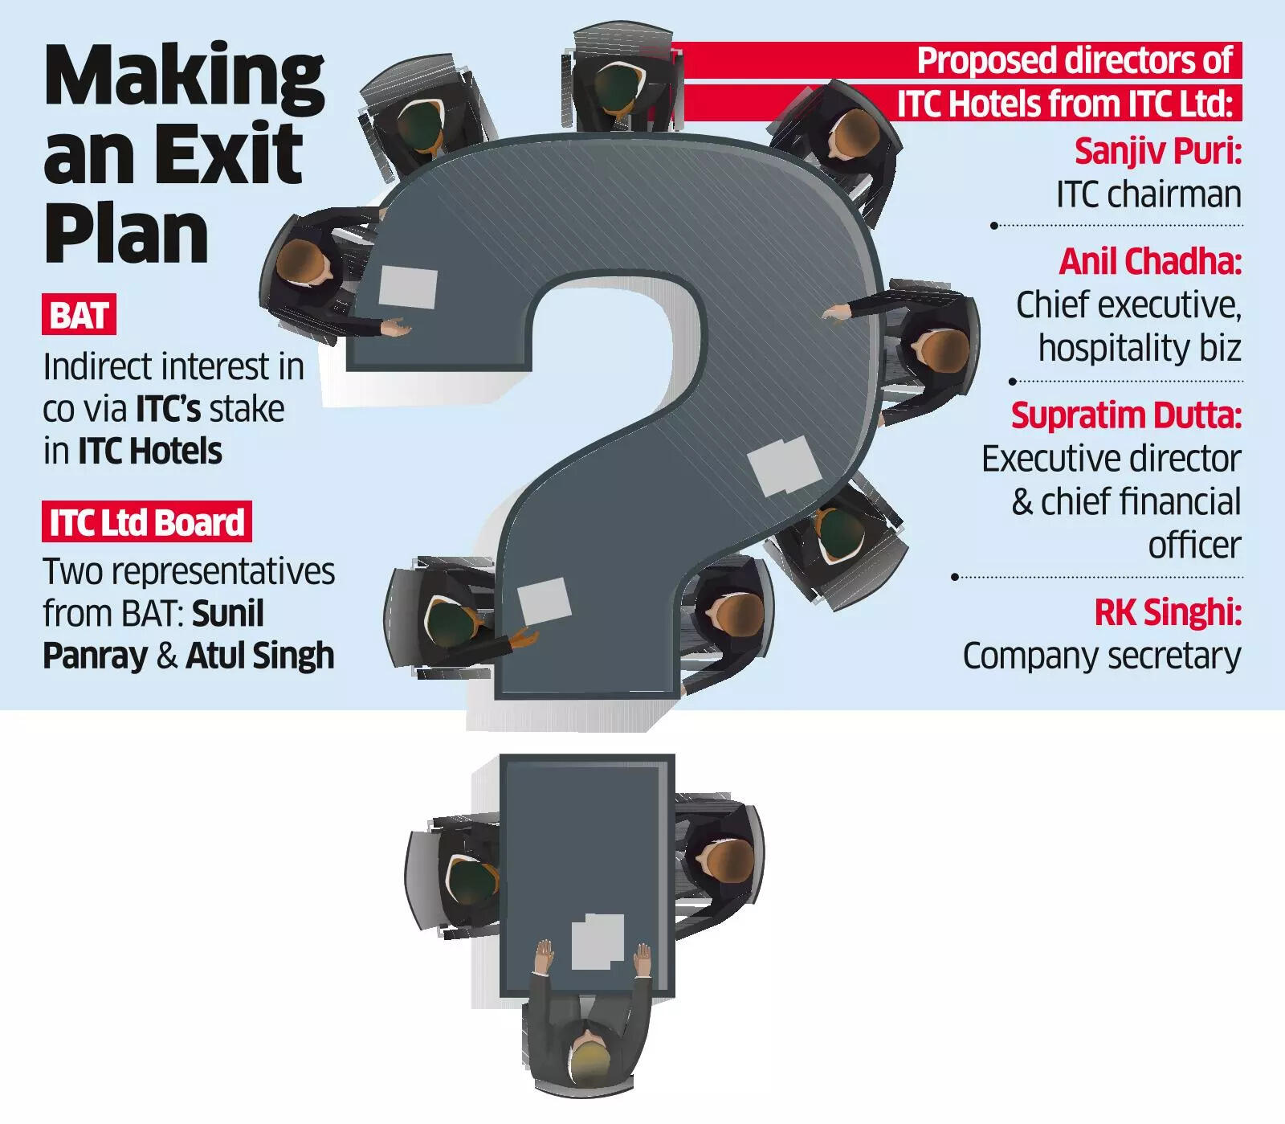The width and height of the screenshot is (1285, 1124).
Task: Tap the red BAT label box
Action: pos(79,314)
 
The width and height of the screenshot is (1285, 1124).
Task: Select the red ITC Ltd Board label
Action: pos(147,522)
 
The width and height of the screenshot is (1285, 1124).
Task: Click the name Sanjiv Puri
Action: pos(1156,150)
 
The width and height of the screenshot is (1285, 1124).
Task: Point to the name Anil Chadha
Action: pos(1149,261)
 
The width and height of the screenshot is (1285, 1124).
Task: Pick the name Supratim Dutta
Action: pos(1125,415)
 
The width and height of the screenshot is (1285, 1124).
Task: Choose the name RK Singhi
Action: pos(1167,612)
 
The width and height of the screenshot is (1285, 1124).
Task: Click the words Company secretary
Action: pos(1101,656)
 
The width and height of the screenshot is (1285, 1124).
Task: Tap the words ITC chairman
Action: pos(1148,194)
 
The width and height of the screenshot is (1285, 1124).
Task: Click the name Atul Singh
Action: pos(260,656)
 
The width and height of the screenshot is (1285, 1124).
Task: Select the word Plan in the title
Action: pos(126,234)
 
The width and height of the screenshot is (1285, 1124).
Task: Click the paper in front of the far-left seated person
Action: pos(408,288)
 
